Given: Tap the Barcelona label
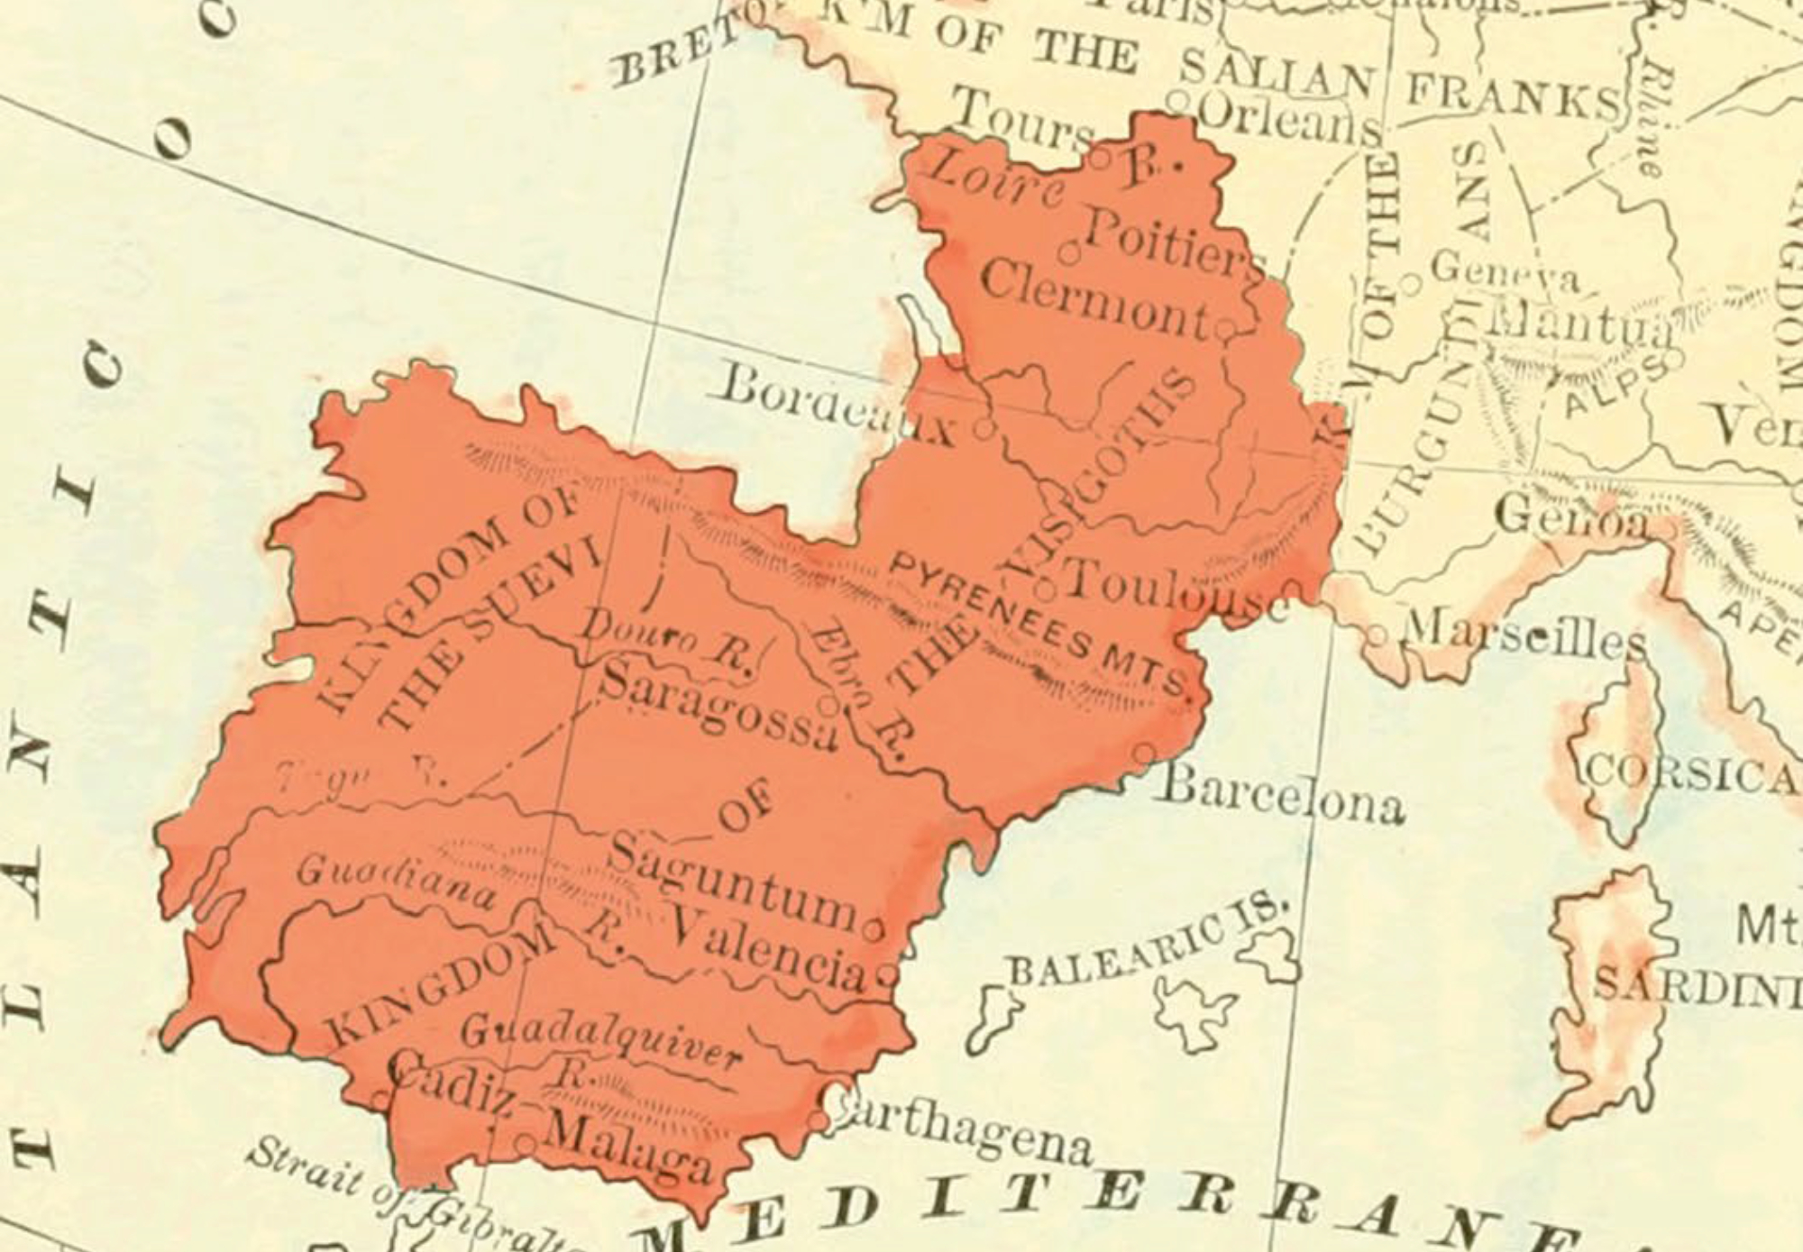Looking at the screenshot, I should pos(1280,793).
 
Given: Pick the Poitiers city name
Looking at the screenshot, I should pos(1172,245).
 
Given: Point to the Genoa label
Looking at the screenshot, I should pos(1569,516).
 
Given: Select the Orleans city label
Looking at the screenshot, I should pos(1289,119).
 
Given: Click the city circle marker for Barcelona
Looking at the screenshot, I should pos(1145,752).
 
